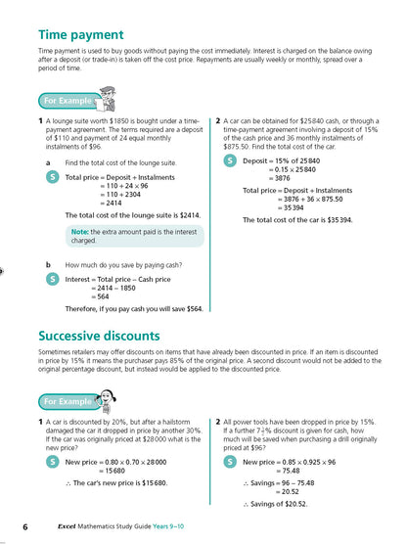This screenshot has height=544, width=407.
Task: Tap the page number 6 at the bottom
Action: (x=26, y=528)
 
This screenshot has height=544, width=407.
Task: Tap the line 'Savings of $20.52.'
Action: (x=280, y=504)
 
